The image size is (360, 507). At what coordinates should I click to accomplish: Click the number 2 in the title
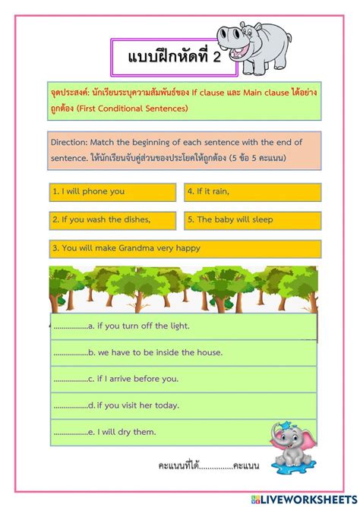pos(215,58)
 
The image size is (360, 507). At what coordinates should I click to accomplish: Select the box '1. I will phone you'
pos(112,191)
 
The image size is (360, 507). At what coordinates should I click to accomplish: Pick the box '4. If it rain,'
pos(252,191)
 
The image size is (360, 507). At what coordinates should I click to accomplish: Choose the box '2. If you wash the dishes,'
pos(112,219)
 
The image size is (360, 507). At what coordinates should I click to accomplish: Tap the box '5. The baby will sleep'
pos(252,219)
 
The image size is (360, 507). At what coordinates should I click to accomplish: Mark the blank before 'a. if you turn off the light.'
pos(71,326)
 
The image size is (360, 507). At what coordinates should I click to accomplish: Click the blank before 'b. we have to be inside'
pos(71,352)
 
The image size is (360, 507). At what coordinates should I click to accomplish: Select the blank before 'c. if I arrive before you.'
pos(71,379)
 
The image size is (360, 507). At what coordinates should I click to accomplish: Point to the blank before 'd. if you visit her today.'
pos(71,405)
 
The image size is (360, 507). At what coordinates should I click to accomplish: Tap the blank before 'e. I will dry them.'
pos(71,432)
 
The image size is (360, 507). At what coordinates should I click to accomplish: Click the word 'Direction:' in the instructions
pos(70,141)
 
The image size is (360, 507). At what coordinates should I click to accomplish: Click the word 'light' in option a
pos(178,326)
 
